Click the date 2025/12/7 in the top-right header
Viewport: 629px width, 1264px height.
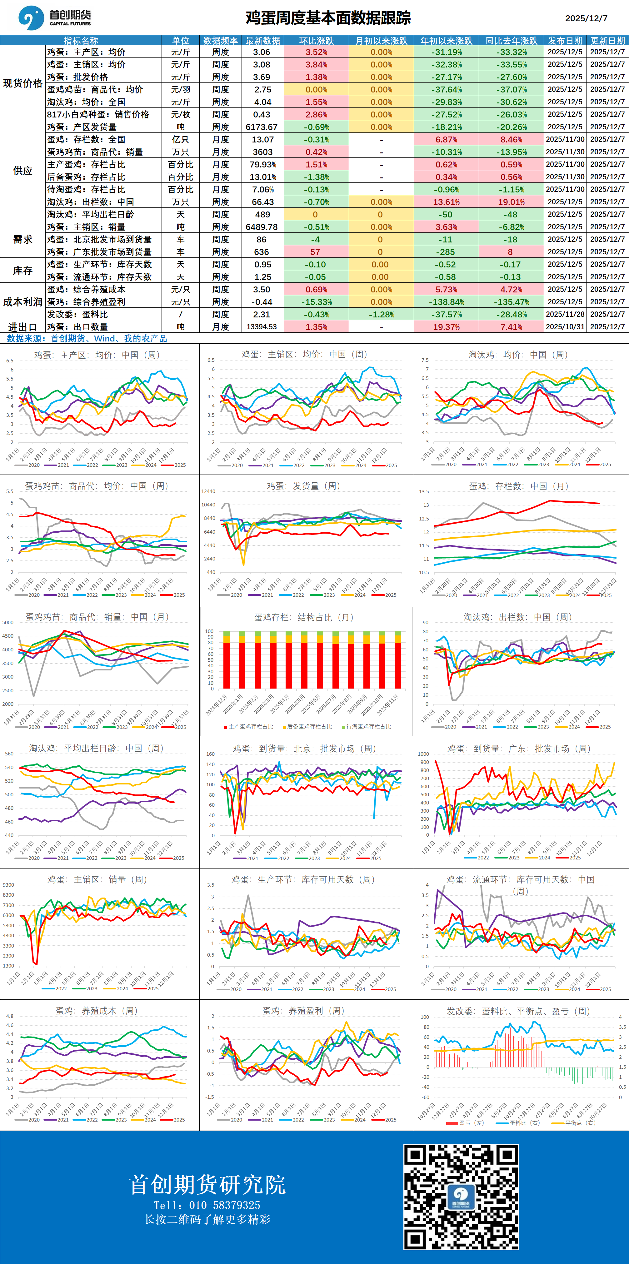click(586, 18)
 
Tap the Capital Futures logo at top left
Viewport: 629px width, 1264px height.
click(54, 18)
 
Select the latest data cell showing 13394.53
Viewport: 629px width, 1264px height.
click(262, 327)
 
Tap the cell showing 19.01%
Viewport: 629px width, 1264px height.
click(511, 202)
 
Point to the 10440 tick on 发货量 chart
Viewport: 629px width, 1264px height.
click(208, 505)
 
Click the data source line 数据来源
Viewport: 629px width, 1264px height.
click(87, 339)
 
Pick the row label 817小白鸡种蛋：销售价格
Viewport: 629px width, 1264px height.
click(98, 114)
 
